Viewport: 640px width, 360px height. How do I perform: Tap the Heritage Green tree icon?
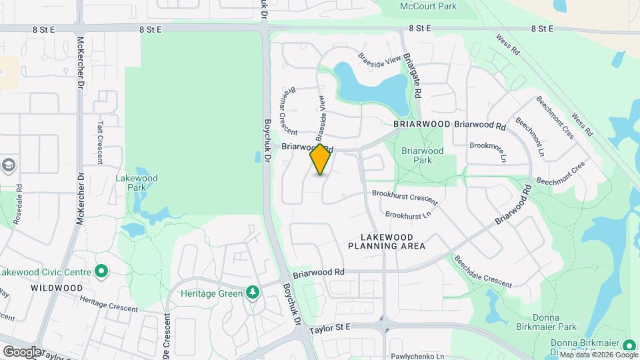click(x=252, y=292)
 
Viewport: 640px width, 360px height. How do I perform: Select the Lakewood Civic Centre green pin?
click(x=101, y=271)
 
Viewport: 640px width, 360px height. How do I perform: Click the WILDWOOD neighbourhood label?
click(x=57, y=288)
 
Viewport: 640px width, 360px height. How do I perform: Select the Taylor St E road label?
click(x=329, y=327)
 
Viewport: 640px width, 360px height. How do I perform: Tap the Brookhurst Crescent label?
click(x=405, y=197)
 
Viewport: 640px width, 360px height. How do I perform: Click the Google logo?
click(x=22, y=351)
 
